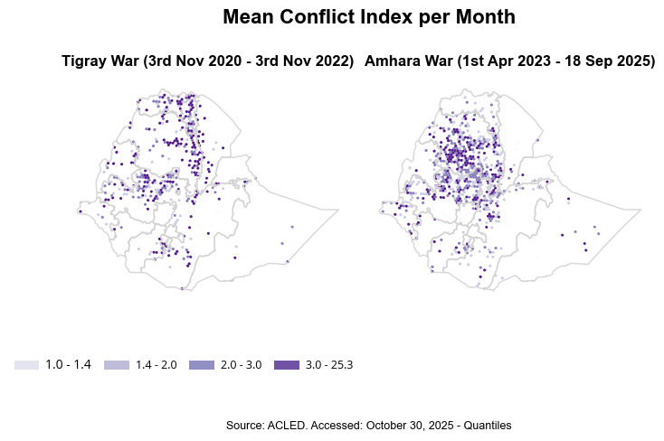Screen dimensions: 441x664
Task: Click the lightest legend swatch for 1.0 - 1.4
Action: coord(26,365)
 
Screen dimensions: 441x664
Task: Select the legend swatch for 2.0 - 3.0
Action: coord(201,365)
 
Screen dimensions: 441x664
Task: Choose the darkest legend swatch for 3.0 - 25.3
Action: coord(286,365)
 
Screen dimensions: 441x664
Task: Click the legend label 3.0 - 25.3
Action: coord(329,365)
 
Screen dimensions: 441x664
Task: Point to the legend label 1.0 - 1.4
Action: coord(69,365)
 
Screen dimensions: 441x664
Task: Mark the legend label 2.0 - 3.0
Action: coord(241,365)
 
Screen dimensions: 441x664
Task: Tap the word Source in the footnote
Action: coord(244,425)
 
